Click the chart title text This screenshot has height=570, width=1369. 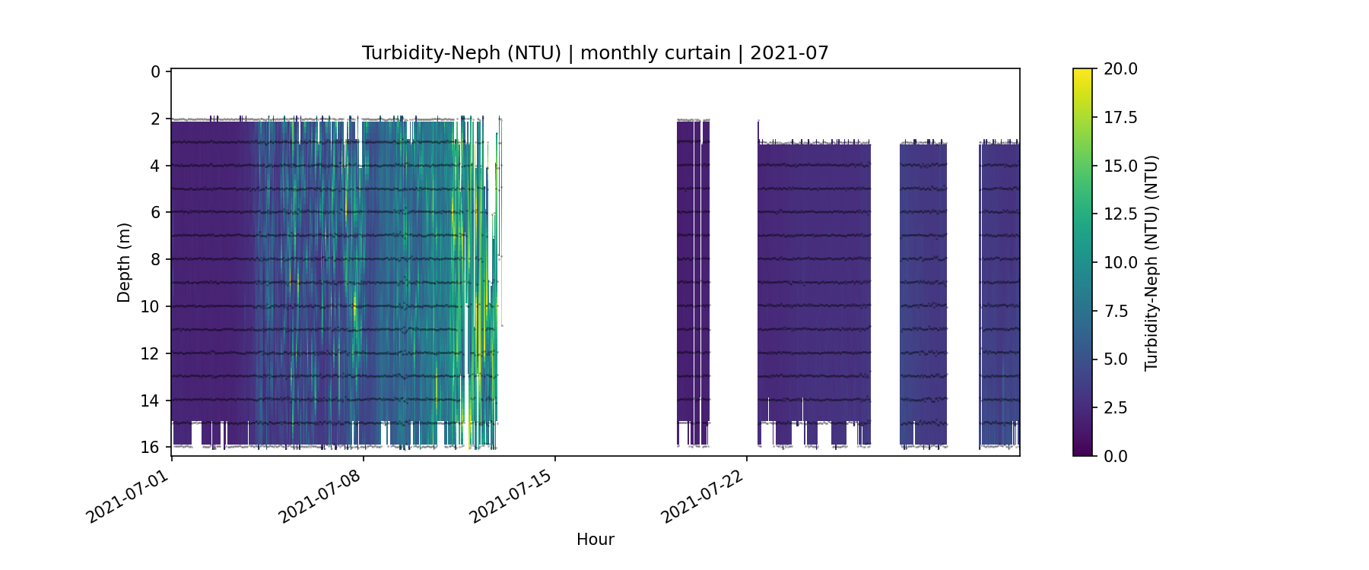[595, 53]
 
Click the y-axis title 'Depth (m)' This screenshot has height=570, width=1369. [124, 262]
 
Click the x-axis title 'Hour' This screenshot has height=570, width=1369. [595, 540]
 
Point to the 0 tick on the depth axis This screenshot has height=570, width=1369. [156, 71]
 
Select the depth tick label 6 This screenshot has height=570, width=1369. [156, 212]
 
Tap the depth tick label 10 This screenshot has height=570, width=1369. [151, 306]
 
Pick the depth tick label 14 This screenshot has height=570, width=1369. [151, 401]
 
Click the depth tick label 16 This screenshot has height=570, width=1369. [151, 447]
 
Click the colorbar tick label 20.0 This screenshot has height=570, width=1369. [1120, 69]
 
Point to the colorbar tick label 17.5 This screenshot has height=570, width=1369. [1120, 117]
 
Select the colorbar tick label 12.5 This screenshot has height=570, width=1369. [1120, 214]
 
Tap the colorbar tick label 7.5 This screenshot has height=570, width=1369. [1116, 311]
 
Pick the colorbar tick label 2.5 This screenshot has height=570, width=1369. [1116, 408]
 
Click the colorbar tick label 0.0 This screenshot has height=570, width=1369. [1116, 456]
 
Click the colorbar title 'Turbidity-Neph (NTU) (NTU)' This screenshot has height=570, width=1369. [1151, 262]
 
